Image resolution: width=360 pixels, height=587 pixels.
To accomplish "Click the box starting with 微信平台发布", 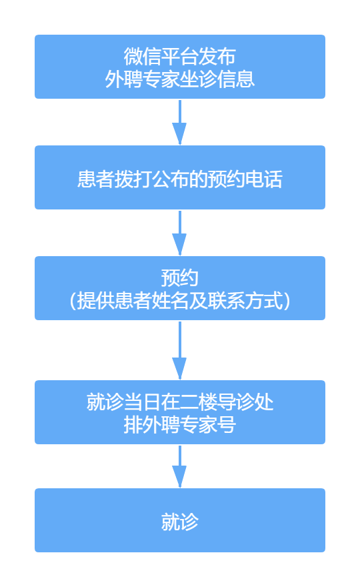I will pyautogui.click(x=180, y=67).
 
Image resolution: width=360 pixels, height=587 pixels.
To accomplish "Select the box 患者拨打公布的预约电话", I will pyautogui.click(x=180, y=177).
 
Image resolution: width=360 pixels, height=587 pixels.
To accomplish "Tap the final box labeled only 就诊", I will pyautogui.click(x=180, y=520).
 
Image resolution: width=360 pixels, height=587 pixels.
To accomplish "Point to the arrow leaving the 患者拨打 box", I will pyautogui.click(x=179, y=233).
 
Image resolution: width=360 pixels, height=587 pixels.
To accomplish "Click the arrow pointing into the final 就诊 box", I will pyautogui.click(x=179, y=466).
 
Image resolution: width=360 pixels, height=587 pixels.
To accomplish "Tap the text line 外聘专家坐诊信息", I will pyautogui.click(x=180, y=79).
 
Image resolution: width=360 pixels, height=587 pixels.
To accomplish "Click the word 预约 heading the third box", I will pyautogui.click(x=180, y=277).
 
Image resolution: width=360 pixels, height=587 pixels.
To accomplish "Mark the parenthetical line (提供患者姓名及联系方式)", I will pyautogui.click(x=180, y=301).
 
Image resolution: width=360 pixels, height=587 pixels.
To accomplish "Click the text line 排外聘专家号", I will pyautogui.click(x=180, y=425).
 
